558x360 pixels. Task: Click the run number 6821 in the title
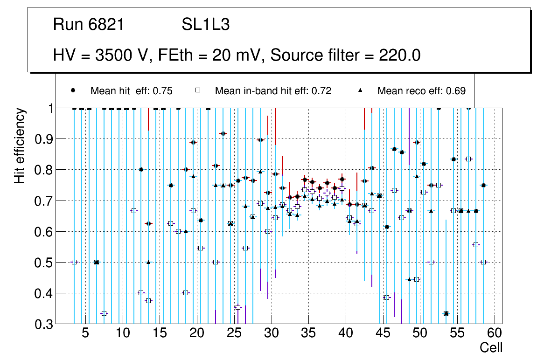106,25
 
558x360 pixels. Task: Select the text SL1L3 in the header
205,25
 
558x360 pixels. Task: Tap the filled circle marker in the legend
73,90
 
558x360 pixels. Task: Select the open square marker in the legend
198,90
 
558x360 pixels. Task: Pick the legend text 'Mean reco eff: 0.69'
421,91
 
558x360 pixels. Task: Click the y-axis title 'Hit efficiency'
20,145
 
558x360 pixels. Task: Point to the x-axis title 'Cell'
491,347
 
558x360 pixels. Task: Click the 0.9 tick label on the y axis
42,139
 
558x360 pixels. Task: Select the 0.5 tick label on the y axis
42,263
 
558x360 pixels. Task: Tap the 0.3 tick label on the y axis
42,324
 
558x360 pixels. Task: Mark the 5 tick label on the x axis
85,333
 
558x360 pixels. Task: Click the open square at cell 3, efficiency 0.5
74,262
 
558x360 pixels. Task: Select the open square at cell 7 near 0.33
104,313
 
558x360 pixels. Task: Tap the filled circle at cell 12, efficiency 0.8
141,170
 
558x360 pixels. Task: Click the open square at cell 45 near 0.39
386,298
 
